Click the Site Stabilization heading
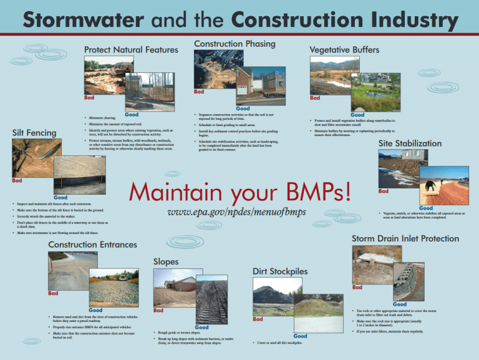click(x=411, y=144)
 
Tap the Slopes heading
click(x=165, y=261)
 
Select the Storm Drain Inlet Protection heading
click(x=405, y=238)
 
